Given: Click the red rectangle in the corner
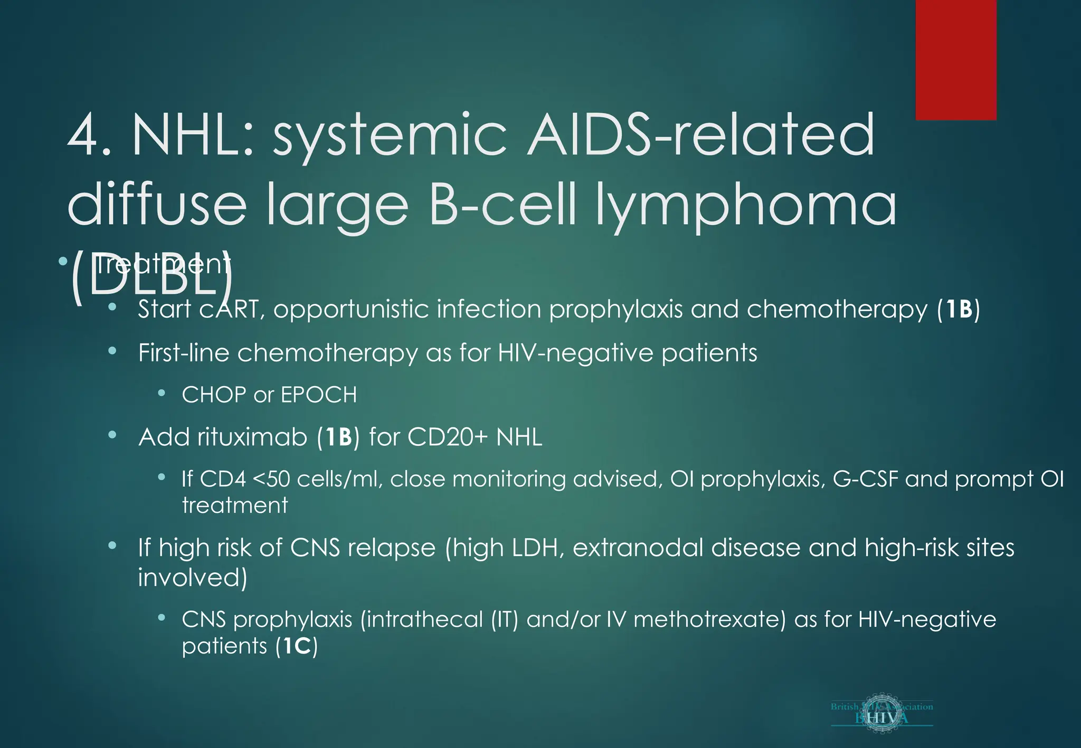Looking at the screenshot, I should coord(956,59).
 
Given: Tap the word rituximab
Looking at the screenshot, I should coord(252,437).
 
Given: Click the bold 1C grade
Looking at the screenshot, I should coord(297,646).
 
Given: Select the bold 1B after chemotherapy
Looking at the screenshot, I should coord(959,310).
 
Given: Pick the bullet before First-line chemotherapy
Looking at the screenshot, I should coord(112,351).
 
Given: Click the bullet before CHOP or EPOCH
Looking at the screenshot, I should coord(162,393).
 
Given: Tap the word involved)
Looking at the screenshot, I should coord(193,578).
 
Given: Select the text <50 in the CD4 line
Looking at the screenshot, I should coord(271,480).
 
